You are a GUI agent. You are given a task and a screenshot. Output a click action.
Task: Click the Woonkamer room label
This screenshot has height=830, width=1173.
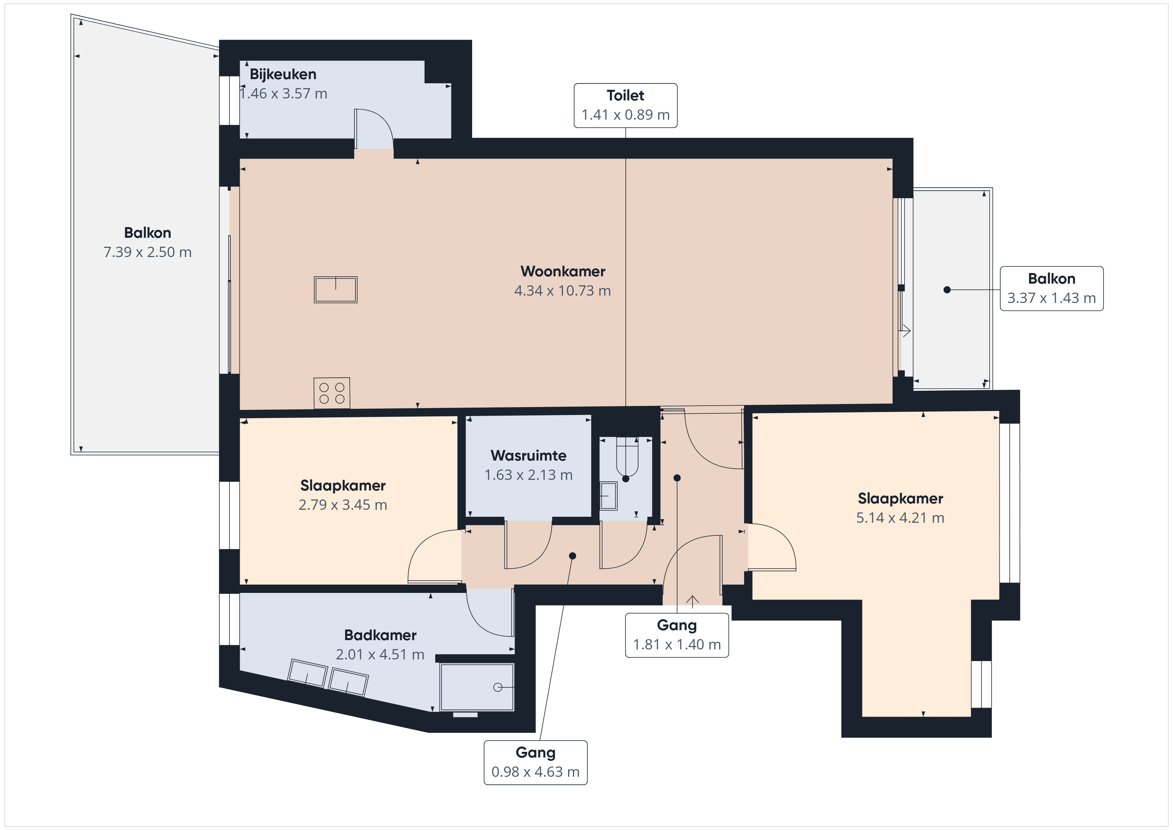[x=563, y=271]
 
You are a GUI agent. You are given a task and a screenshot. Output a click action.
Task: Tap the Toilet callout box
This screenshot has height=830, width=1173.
[x=625, y=105]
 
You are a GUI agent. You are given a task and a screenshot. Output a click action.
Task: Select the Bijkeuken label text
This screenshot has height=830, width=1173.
[x=283, y=74]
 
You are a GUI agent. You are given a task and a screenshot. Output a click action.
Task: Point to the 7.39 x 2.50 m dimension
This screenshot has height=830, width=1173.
[x=148, y=252]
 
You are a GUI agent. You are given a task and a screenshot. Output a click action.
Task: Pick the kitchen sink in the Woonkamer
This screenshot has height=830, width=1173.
[x=336, y=290]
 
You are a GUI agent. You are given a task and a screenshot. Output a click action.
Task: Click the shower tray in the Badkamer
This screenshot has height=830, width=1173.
[x=477, y=687]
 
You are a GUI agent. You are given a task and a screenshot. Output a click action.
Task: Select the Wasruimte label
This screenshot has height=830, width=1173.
[x=528, y=455]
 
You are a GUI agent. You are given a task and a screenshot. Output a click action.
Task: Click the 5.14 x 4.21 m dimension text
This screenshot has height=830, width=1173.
[x=900, y=518]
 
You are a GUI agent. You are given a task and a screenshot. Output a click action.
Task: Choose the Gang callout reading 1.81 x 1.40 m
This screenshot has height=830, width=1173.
[x=677, y=635]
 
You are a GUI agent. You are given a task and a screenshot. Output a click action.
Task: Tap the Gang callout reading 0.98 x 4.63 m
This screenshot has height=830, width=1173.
[x=535, y=762]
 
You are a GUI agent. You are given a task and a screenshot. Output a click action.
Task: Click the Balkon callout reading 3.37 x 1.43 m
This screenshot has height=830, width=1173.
[x=1051, y=288]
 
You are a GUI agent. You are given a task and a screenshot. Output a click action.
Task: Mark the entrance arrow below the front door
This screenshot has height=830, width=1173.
[x=692, y=602]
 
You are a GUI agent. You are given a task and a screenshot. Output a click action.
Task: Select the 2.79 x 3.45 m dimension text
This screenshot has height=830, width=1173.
[x=343, y=505]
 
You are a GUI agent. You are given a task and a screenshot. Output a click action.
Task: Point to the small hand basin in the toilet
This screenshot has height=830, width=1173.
[x=608, y=496]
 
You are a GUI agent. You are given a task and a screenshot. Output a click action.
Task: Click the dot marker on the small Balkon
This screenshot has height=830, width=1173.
[x=947, y=290]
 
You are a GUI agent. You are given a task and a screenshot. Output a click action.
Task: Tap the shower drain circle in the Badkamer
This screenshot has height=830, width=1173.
[x=498, y=687]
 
